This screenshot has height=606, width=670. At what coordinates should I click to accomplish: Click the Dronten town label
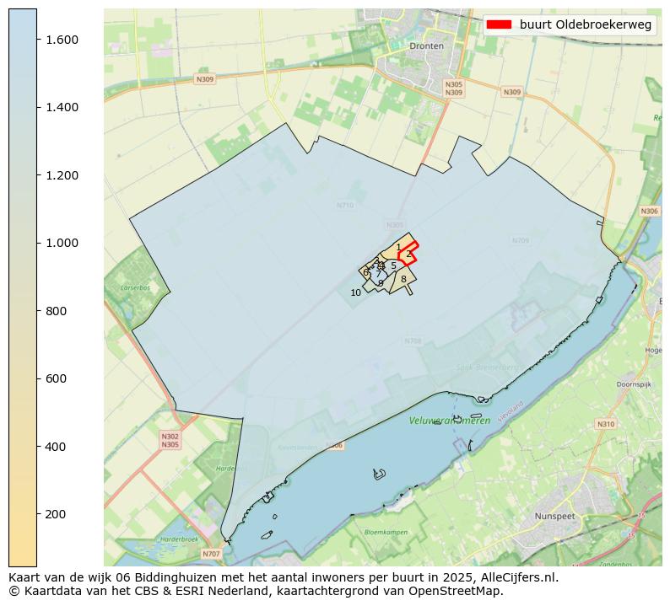426,46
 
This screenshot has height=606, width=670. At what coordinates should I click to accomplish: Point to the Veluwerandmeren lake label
450,421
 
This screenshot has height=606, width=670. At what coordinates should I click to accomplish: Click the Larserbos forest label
135,287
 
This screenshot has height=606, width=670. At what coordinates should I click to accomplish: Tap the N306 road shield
649,212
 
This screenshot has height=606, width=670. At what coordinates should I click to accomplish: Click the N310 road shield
606,424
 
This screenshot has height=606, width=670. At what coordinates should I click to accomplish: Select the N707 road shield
211,554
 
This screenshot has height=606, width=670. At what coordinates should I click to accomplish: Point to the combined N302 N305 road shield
170,440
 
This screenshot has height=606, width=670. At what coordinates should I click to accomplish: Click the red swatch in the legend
499,25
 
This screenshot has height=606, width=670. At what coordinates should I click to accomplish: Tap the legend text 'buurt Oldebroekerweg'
586,25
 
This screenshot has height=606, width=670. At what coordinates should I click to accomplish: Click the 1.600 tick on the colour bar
61,40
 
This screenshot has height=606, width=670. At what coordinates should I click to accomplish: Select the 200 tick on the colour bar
55,514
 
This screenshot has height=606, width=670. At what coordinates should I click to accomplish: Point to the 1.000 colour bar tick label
61,243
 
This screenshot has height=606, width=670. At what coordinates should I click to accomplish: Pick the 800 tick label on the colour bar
55,311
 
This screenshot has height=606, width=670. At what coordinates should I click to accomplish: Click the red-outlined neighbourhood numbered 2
408,254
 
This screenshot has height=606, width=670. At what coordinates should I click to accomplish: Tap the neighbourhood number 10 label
356,292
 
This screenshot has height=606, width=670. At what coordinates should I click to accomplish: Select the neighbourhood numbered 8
403,279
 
